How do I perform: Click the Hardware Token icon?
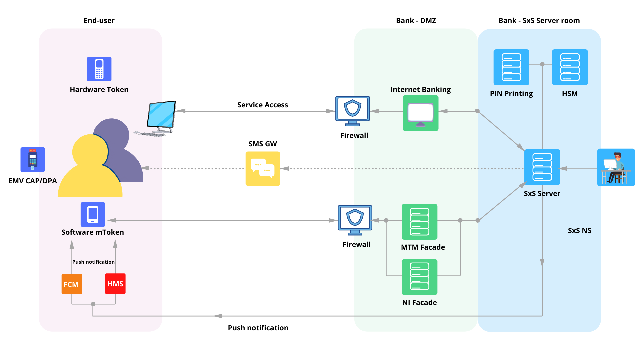[99, 69]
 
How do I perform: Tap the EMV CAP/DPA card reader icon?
[33, 159]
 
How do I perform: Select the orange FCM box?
[72, 284]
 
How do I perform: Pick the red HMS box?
[115, 284]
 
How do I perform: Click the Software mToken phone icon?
[93, 214]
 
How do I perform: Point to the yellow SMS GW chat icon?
[263, 169]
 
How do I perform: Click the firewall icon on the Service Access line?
[352, 111]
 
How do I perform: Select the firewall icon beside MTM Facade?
[355, 220]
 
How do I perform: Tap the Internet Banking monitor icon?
[420, 113]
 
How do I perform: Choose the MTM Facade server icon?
[419, 222]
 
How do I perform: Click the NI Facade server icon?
[419, 277]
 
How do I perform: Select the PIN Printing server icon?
[511, 67]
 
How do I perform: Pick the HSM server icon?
[570, 67]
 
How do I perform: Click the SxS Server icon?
[542, 167]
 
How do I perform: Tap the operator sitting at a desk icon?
[616, 167]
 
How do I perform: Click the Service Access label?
[262, 105]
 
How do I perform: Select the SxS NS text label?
[579, 230]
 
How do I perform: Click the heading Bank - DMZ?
[416, 20]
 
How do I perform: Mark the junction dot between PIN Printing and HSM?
[542, 64]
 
